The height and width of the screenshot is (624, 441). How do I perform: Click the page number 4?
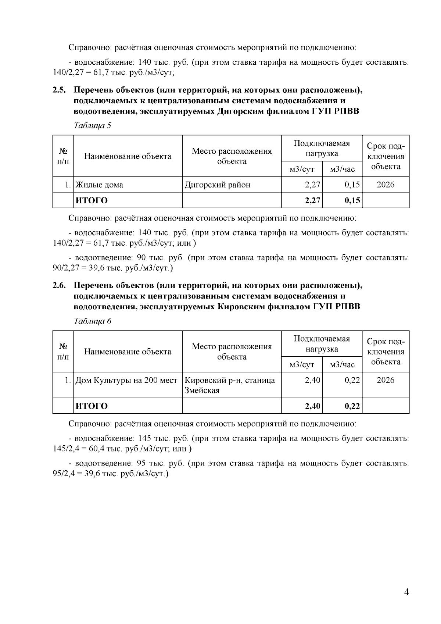[406, 592]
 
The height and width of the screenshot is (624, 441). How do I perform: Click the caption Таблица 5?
[93, 126]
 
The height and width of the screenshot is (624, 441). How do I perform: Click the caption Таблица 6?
[93, 321]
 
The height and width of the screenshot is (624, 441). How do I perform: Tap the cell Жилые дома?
[99, 185]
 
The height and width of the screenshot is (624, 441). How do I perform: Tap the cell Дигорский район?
[217, 185]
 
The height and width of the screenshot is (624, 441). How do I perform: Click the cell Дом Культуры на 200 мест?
[126, 380]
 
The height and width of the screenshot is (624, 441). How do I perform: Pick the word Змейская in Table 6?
[202, 391]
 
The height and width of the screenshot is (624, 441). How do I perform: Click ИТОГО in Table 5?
[92, 200]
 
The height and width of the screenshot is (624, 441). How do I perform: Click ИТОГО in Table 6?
[92, 406]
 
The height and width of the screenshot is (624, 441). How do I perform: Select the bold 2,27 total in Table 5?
[312, 200]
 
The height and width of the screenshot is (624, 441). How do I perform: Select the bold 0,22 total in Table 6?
[352, 406]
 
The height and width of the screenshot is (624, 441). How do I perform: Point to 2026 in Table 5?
[386, 185]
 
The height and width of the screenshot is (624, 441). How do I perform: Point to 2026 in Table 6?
[386, 380]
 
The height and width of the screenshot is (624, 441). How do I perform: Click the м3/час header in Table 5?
[342, 170]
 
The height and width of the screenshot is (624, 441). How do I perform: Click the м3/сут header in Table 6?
[302, 365]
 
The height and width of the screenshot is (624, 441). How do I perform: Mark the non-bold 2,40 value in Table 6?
[312, 380]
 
